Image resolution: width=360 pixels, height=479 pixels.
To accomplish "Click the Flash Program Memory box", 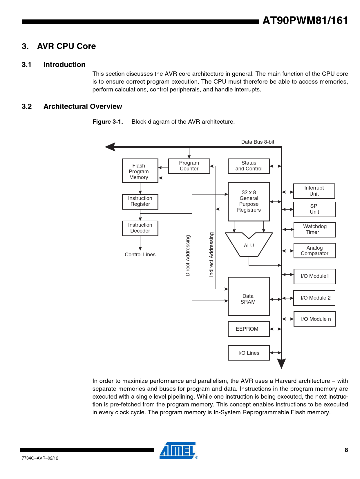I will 140,171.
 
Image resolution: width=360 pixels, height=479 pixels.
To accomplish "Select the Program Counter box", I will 189,166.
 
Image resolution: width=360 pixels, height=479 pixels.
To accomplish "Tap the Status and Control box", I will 249,166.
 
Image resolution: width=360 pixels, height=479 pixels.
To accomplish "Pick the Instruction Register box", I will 140,201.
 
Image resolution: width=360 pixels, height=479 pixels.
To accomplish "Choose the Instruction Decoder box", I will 140,228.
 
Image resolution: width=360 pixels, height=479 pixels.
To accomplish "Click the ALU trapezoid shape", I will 249,245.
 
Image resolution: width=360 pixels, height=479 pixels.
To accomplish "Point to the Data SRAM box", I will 249,296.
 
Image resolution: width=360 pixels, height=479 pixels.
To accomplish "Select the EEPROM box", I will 249,329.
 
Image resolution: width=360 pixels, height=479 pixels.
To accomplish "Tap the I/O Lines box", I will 249,353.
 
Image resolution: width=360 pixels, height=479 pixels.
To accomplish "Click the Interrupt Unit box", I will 314,191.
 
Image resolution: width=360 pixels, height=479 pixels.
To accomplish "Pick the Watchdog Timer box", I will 314,230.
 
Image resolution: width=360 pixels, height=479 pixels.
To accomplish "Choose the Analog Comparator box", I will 314,251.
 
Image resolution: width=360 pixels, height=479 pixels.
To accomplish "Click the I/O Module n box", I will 314,319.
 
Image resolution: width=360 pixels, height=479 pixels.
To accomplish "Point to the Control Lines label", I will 140,255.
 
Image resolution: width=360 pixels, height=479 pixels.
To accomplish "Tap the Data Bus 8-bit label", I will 258,142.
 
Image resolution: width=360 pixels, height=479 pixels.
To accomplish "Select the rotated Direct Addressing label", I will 188,256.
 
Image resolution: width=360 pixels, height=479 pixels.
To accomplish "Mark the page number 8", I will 346,450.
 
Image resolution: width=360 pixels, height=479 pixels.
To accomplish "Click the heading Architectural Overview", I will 83,107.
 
